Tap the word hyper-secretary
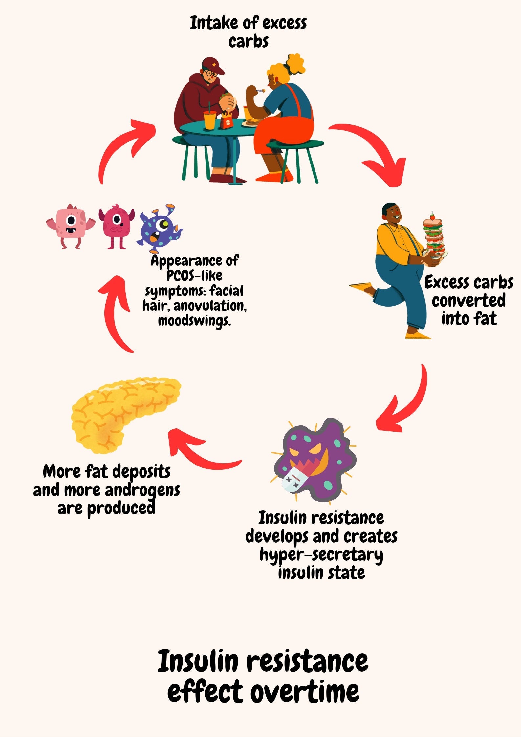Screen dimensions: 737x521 321,554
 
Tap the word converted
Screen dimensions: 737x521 468,301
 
